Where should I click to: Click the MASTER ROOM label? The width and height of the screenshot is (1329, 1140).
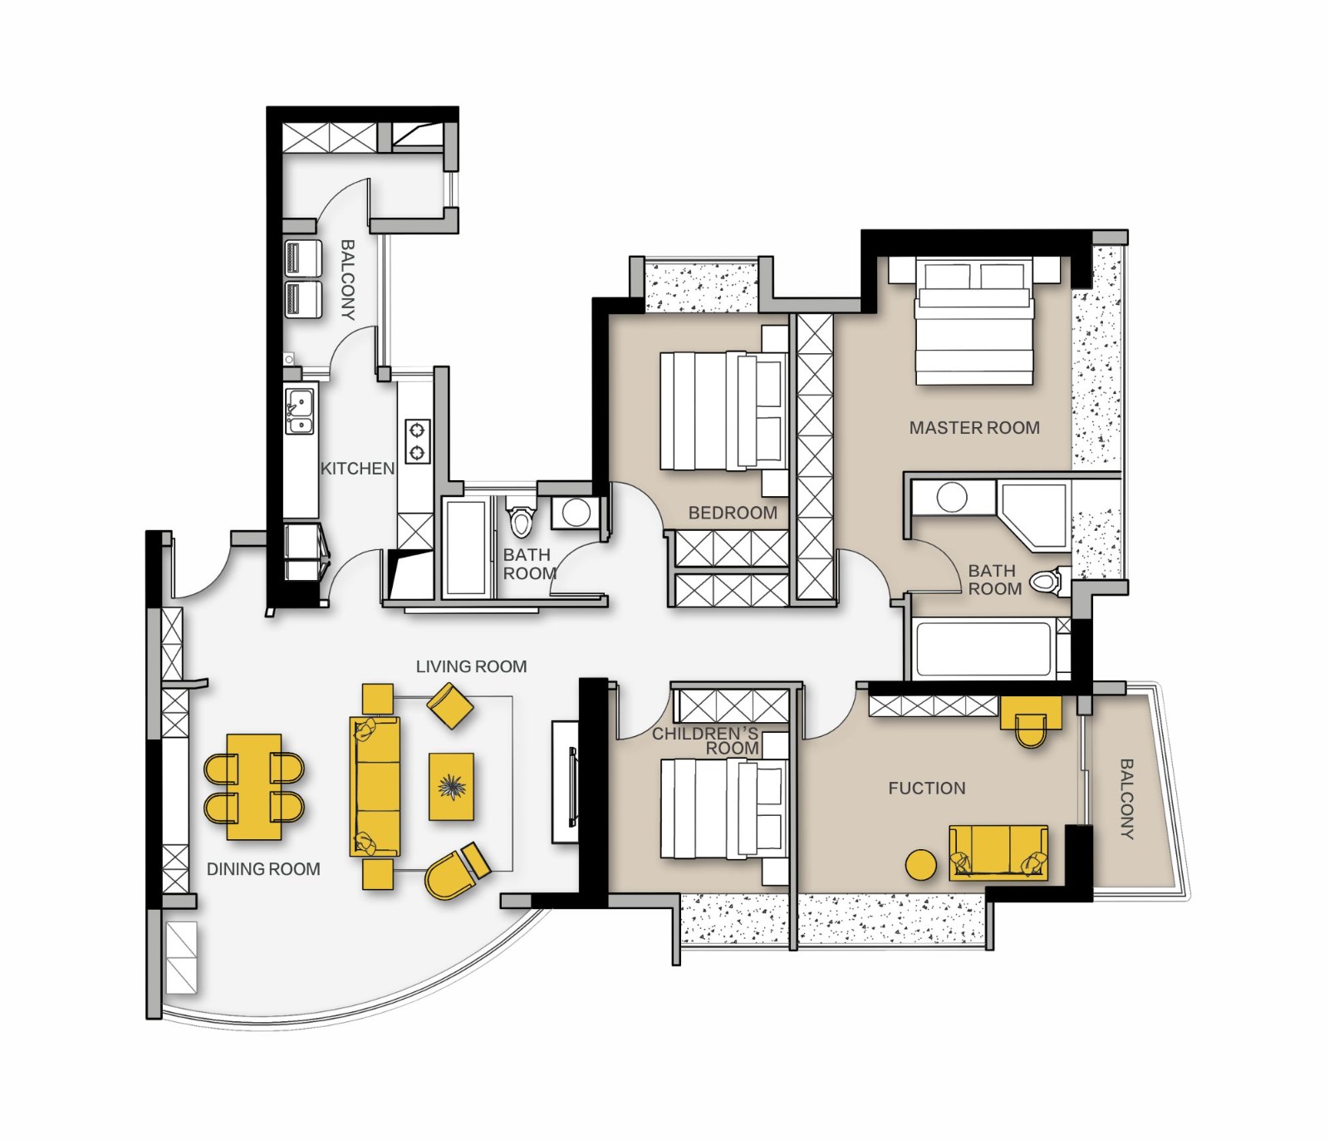(974, 428)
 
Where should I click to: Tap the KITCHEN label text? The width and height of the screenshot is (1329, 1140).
(358, 469)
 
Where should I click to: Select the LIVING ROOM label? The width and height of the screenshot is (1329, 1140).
(471, 666)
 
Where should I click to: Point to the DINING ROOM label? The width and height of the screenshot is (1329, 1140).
(263, 869)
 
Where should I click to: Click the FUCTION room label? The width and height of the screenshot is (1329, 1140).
(927, 788)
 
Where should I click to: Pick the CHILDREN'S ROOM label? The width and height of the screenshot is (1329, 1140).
(705, 740)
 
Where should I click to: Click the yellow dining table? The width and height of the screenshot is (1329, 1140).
(254, 786)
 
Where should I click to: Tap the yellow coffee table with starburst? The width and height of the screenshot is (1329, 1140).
(451, 786)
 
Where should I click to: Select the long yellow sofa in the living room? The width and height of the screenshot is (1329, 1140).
(375, 786)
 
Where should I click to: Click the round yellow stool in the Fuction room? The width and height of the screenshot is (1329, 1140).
(920, 865)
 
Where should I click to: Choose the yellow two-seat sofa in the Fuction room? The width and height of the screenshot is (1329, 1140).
(998, 853)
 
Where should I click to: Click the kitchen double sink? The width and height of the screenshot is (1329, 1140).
(300, 411)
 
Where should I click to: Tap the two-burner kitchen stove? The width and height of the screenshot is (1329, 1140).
(417, 441)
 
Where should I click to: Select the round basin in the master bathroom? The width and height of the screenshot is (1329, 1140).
(952, 498)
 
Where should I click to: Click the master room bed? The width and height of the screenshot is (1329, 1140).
(974, 322)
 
